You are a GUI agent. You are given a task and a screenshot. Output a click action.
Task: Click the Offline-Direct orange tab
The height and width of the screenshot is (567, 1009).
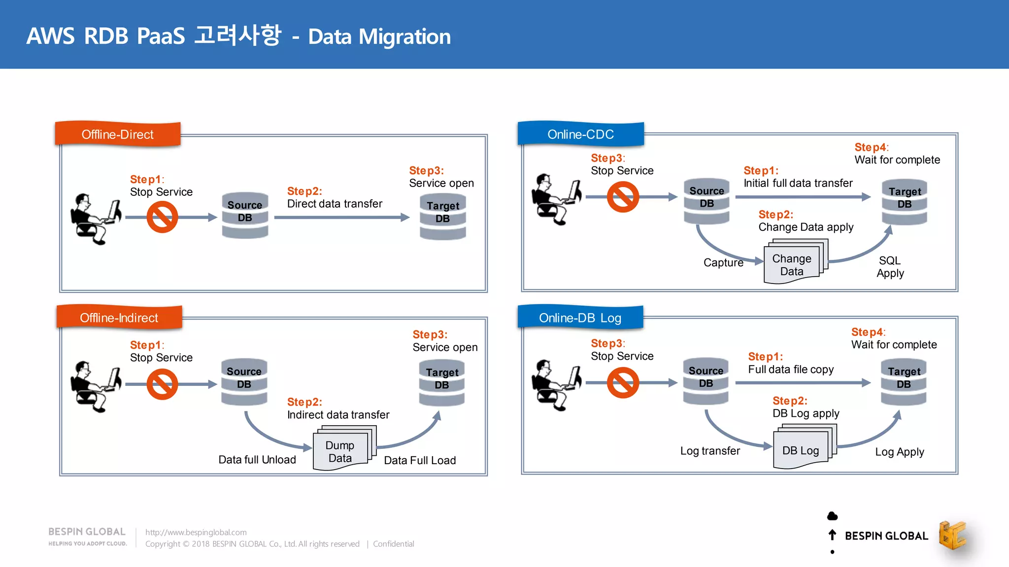tap(118, 134)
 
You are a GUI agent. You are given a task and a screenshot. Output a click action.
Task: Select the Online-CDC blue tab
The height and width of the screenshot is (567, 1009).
tap(580, 134)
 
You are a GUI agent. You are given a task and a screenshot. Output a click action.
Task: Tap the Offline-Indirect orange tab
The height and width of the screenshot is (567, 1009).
tap(119, 318)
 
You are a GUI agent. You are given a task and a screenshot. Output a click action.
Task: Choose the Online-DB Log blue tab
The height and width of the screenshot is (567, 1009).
tap(580, 318)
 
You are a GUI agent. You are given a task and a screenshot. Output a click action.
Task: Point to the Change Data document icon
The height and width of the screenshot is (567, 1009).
tap(793, 263)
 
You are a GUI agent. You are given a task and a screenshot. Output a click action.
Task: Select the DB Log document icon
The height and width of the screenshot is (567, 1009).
tap(802, 449)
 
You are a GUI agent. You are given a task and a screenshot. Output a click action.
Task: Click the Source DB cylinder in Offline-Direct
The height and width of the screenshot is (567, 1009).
tap(245, 216)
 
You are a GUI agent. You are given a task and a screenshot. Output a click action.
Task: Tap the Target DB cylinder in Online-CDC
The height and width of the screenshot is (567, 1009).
tap(904, 202)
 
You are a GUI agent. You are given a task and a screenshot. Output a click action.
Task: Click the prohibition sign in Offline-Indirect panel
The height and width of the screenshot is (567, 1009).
tap(162, 384)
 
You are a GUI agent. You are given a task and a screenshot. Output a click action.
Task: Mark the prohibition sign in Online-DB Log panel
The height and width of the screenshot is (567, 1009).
tap(623, 383)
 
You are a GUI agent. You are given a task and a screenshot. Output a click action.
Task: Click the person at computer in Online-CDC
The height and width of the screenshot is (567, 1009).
tap(556, 199)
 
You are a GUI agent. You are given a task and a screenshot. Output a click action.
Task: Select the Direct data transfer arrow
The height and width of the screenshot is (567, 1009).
tap(341, 217)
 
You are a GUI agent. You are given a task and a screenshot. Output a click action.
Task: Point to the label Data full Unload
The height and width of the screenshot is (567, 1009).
tap(257, 460)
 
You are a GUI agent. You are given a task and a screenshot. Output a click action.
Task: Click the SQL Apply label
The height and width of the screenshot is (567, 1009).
tap(890, 267)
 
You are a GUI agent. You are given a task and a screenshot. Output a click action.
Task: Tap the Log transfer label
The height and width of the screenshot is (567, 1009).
tap(710, 451)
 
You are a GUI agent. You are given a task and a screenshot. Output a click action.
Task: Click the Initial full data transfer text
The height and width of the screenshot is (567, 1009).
tap(798, 183)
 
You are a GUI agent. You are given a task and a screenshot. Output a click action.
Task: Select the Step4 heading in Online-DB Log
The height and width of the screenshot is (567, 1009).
tap(868, 332)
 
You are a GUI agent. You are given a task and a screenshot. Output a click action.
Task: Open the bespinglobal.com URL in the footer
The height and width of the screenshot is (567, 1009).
tap(196, 532)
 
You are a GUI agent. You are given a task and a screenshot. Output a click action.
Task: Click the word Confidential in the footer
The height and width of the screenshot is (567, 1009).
tap(393, 544)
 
